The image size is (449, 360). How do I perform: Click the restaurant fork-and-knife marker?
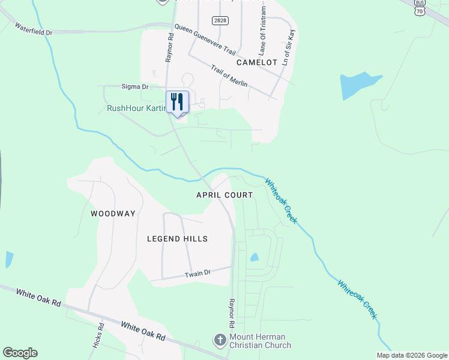[x=177, y=101]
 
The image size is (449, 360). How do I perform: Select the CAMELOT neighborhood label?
[x=257, y=62]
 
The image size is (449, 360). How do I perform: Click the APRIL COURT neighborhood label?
[x=224, y=195]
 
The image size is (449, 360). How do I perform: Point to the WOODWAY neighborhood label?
[x=113, y=214]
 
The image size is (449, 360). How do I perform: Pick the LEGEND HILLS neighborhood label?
[x=177, y=239]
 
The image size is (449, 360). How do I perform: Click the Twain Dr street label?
[x=199, y=273]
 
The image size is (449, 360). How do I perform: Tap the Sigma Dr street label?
[x=135, y=87]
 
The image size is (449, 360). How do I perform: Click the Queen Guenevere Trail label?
[x=205, y=40]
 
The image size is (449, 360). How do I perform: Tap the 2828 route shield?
[x=220, y=20]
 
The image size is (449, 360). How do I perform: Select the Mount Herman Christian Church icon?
[x=220, y=340]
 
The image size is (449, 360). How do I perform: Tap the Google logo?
[x=20, y=353]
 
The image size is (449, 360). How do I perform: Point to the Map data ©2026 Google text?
[x=411, y=355]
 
